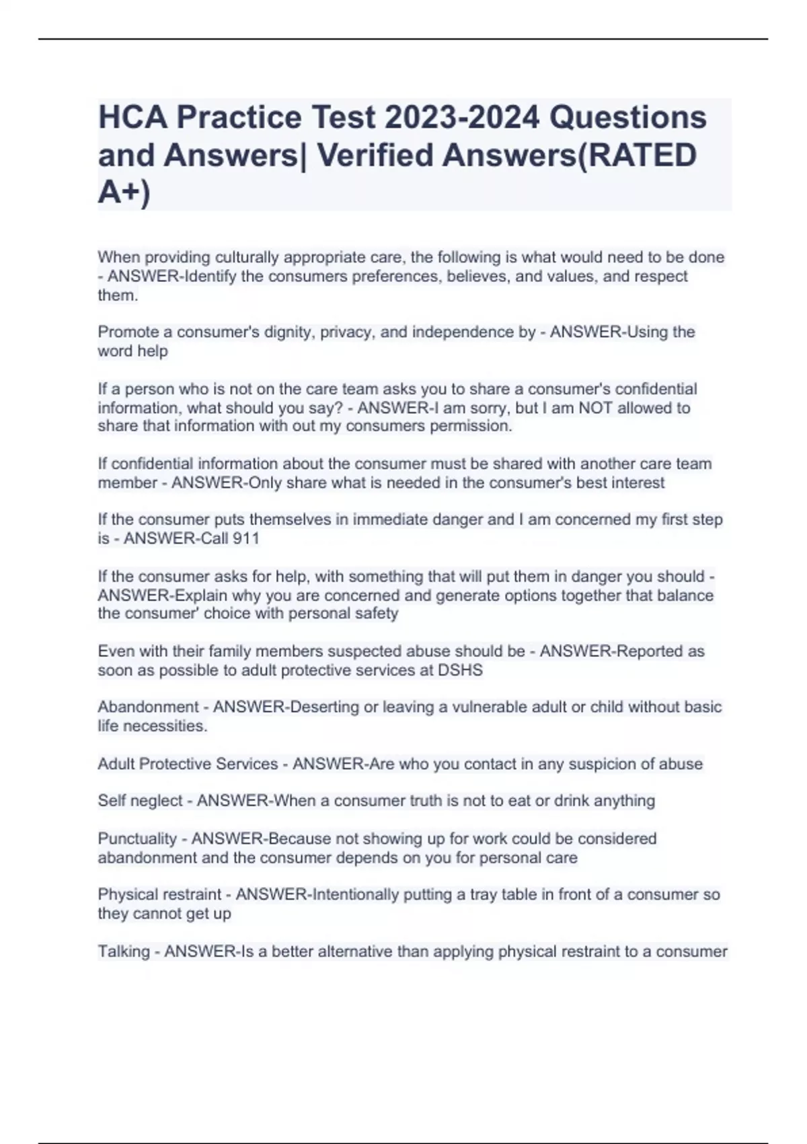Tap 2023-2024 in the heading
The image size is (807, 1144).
coord(462,117)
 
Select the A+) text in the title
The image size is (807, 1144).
coord(124,192)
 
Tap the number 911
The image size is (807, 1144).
coord(245,538)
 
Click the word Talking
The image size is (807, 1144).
coord(124,952)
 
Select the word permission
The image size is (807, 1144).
coord(470,426)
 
